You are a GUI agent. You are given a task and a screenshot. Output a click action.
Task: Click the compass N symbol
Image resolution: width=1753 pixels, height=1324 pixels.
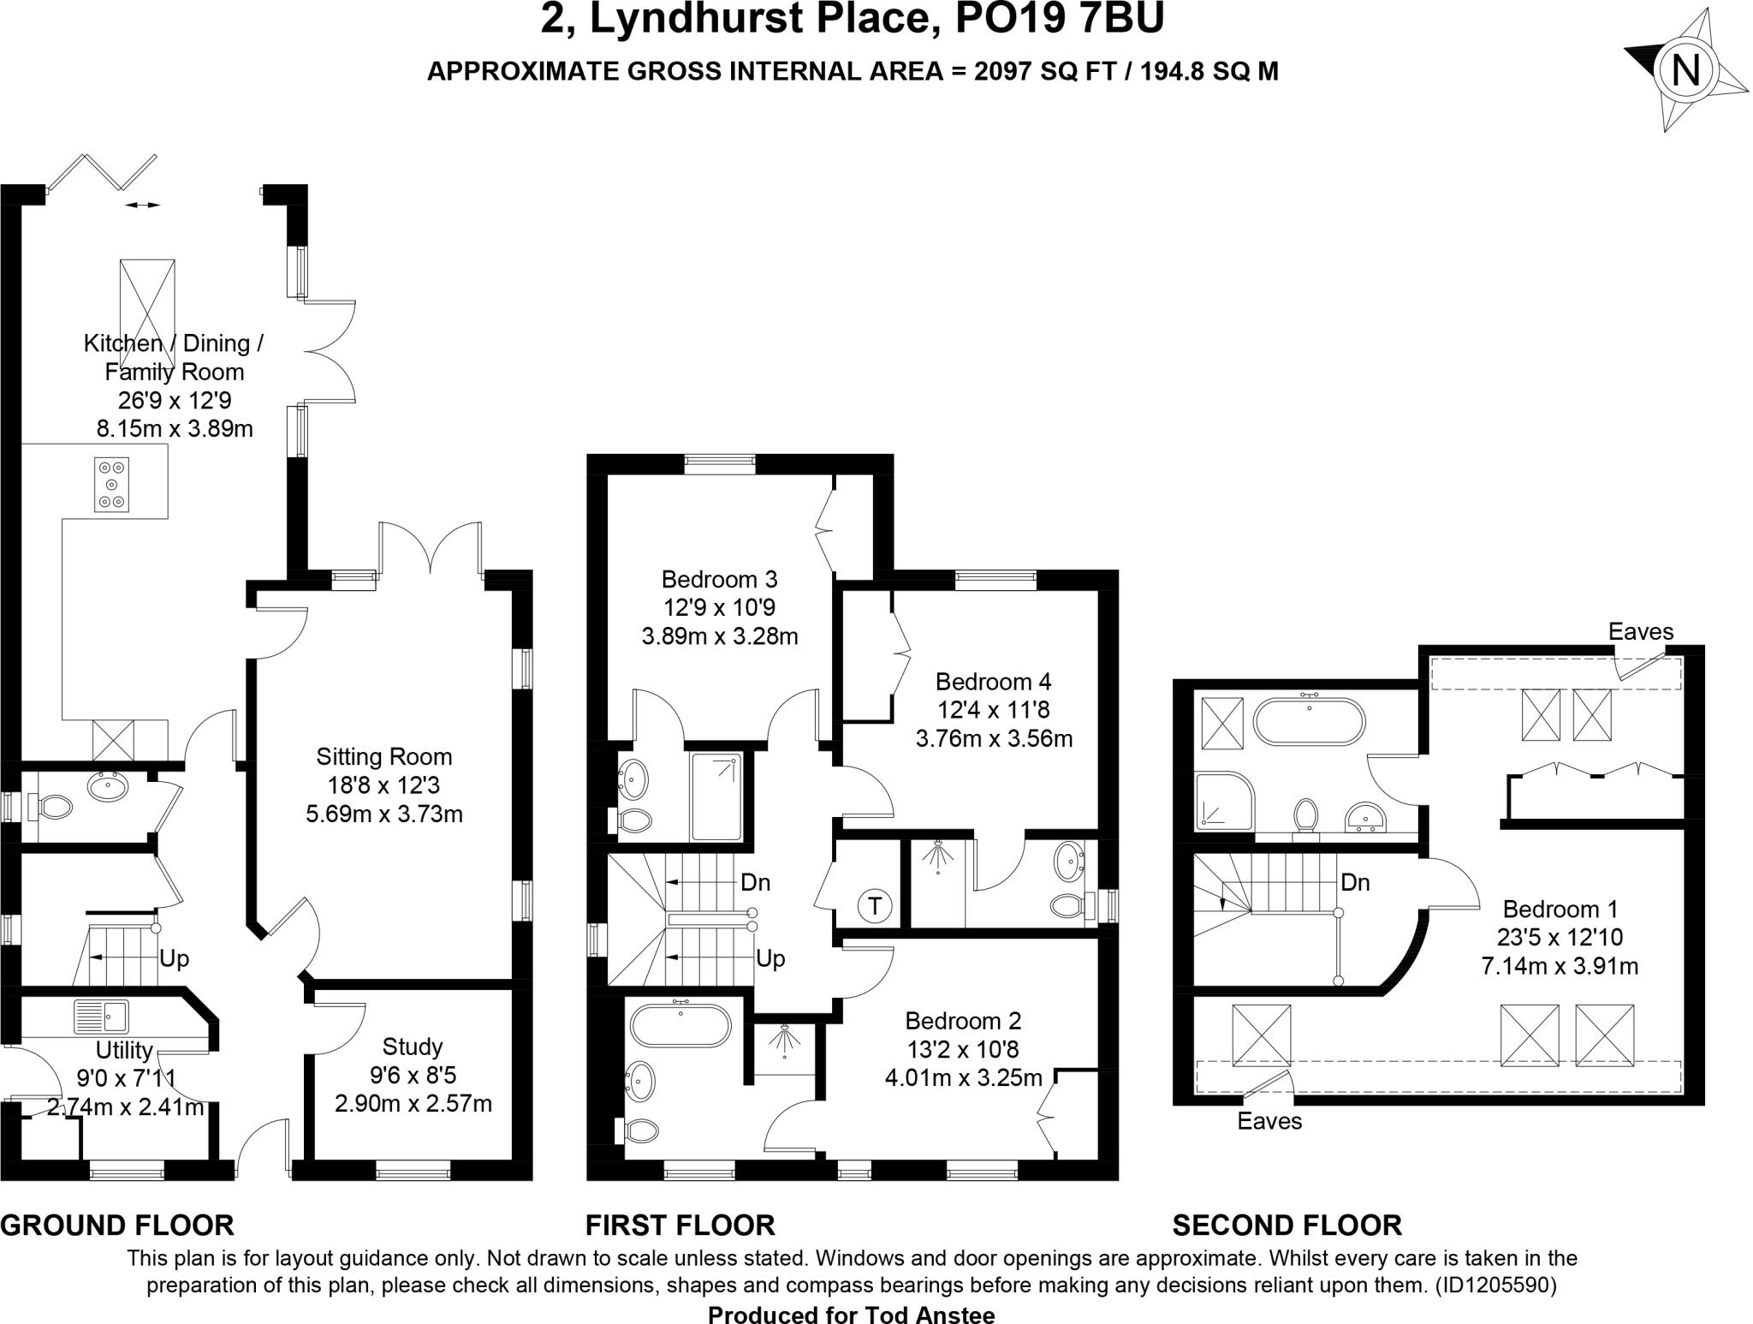coord(1685,69)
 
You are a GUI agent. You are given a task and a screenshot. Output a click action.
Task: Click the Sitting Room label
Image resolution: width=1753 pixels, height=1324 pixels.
coord(383,756)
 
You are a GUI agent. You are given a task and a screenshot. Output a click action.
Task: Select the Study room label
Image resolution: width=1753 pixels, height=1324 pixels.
coord(413,1047)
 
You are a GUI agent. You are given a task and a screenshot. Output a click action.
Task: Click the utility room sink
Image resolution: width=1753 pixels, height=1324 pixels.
coord(102,1017)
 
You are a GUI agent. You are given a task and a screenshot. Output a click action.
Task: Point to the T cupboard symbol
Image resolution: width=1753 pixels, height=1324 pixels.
coord(875,905)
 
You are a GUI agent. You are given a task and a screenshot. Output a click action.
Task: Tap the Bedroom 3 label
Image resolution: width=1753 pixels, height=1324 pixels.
coord(719,579)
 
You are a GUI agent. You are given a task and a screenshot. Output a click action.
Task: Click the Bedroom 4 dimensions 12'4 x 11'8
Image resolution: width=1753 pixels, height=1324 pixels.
coord(993,710)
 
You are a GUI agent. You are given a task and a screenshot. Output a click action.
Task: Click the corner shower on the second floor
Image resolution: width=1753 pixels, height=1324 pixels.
coord(1224,801)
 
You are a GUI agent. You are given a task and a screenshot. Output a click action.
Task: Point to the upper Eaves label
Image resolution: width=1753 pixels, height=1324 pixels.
coord(1640,632)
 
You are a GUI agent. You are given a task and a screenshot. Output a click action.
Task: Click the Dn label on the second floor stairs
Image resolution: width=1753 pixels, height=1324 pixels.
coord(1355,882)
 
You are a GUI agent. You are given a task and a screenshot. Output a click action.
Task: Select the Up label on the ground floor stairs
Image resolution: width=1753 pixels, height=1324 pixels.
coord(174,958)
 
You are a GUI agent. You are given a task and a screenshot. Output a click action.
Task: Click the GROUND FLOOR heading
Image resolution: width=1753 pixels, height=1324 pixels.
coord(117,1226)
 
